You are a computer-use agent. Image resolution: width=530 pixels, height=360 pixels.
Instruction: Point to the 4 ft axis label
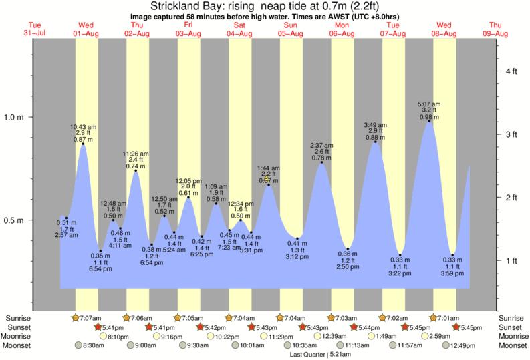(511, 71)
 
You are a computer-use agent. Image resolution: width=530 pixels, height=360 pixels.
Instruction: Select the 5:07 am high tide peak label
(430, 104)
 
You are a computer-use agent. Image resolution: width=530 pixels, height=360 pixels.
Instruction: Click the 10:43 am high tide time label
(83, 127)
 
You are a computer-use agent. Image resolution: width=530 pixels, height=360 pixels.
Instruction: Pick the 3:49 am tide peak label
(375, 125)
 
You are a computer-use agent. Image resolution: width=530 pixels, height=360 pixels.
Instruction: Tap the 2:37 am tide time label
(322, 146)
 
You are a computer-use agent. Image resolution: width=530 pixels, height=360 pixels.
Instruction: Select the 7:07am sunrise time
(90, 317)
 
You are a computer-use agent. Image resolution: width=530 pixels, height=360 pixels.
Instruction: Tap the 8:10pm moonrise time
(118, 337)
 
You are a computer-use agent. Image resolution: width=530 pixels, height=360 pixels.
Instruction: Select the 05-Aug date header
(291, 33)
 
